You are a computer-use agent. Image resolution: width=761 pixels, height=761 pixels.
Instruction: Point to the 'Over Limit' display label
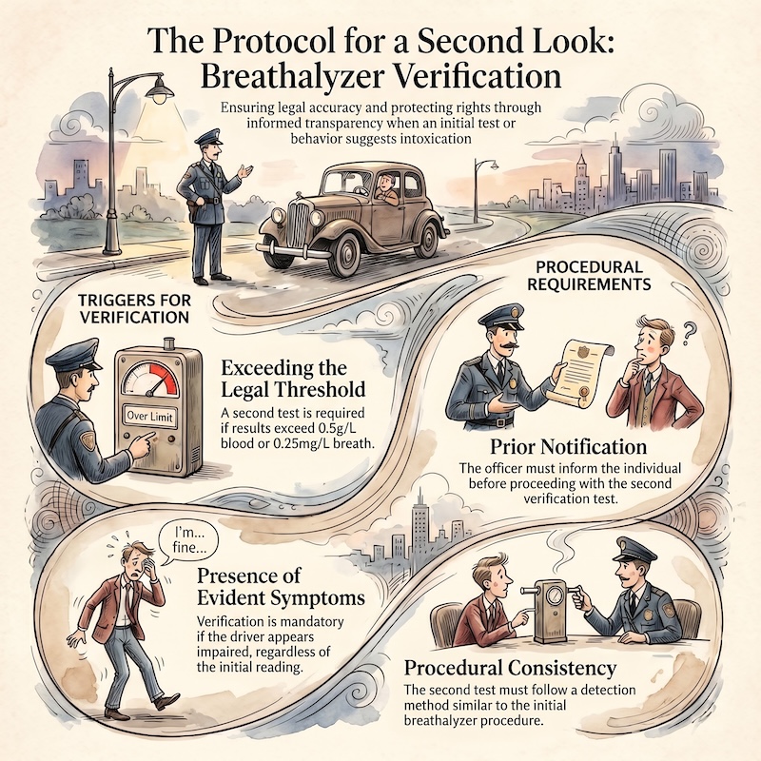149,416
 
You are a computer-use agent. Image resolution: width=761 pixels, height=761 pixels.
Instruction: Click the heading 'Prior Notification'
568,446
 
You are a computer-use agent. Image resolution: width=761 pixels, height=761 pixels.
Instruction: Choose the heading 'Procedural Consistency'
510,669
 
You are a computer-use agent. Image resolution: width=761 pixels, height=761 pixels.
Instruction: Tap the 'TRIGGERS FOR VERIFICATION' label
134,308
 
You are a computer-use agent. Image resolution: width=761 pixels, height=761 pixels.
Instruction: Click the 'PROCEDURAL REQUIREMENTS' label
589,275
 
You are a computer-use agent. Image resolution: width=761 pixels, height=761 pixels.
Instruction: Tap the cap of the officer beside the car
208,138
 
